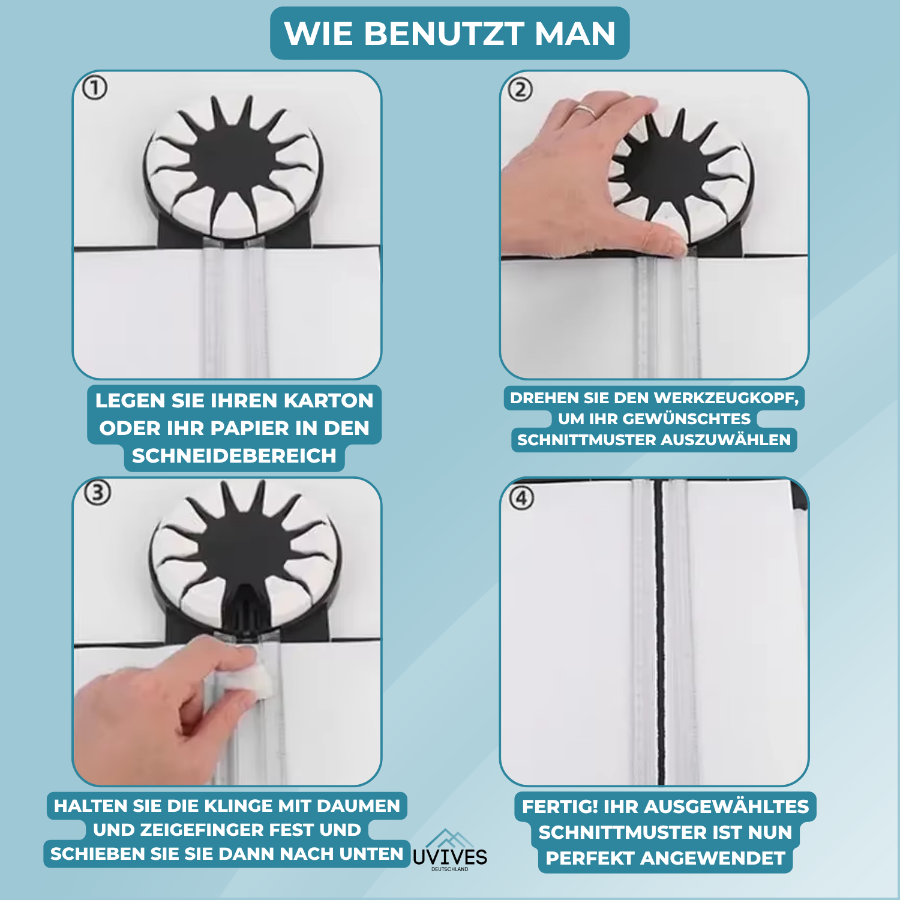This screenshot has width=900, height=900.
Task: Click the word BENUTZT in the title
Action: point(443,34)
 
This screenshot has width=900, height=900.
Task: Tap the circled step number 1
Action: point(94,88)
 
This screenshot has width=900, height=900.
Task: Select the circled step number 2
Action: point(520,90)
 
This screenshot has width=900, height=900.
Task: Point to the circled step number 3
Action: point(98,493)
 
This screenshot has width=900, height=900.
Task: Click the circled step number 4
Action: point(521,498)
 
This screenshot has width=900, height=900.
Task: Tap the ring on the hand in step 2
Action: point(585,110)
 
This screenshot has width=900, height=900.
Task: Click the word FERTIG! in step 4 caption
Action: point(560,806)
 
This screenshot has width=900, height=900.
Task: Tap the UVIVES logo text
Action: point(450,857)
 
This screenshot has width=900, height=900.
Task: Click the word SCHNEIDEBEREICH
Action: point(234,456)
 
